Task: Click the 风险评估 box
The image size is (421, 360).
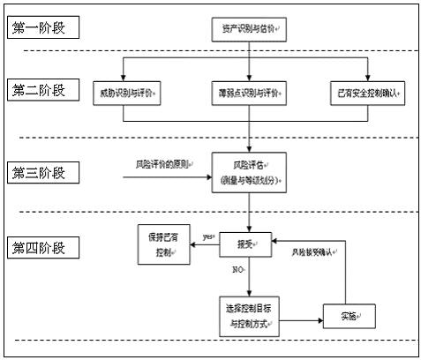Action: pyautogui.click(x=250, y=171)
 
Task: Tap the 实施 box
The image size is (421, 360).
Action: pyautogui.click(x=350, y=314)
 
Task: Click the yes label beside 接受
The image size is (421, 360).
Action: pyautogui.click(x=208, y=236)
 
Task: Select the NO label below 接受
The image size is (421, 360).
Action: pyautogui.click(x=237, y=270)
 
